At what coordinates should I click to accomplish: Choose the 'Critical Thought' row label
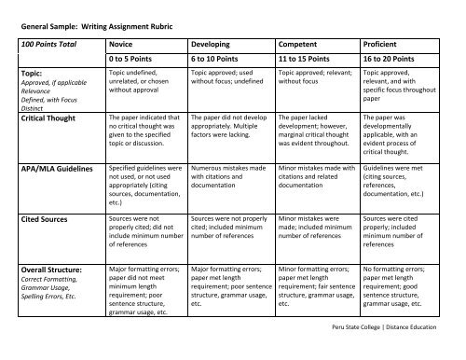pyautogui.click(x=46, y=118)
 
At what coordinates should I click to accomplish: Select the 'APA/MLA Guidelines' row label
pyautogui.click(x=54, y=168)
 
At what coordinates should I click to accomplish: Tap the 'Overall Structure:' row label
pyautogui.click(x=48, y=268)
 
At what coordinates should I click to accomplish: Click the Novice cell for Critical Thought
pyautogui.click(x=144, y=134)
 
